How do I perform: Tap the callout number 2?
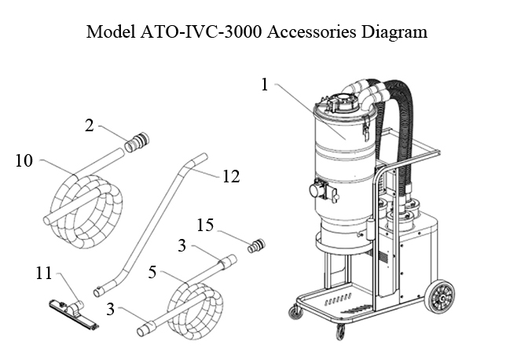[90, 126]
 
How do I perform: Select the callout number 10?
[24, 162]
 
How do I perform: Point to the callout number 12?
[230, 176]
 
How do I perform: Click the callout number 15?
[205, 226]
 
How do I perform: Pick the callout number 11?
[43, 274]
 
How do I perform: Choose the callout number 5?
[154, 274]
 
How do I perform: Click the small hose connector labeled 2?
[137, 143]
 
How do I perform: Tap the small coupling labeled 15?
[256, 246]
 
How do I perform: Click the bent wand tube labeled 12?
[153, 224]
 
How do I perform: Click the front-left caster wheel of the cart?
[295, 313]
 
